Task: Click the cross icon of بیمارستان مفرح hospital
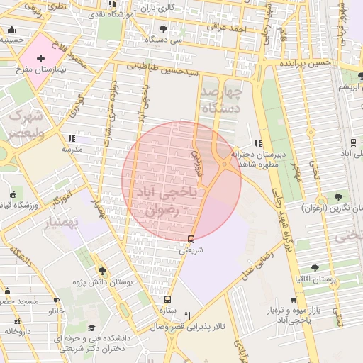coord(40,57)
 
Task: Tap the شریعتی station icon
coord(191,238)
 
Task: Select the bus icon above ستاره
coord(167,299)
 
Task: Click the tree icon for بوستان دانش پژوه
coord(103,271)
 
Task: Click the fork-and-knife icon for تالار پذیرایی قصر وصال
coord(187,315)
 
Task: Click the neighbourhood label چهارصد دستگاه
coord(221,100)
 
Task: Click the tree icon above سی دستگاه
coord(164,29)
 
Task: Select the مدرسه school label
coord(73,150)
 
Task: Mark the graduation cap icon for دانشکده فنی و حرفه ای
coord(91,328)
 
